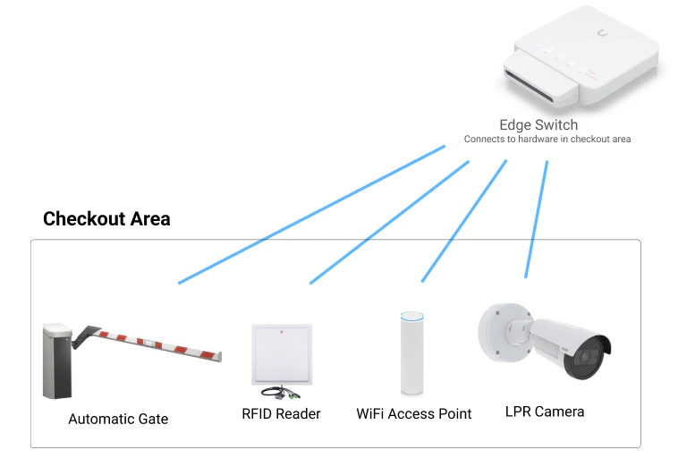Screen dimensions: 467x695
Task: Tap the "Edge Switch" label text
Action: click(x=538, y=125)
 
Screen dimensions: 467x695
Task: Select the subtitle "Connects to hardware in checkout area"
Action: click(x=547, y=140)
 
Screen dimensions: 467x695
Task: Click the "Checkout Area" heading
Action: click(x=106, y=218)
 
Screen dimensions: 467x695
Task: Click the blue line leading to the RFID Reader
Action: click(x=389, y=223)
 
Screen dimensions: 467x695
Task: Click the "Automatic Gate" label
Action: click(x=118, y=419)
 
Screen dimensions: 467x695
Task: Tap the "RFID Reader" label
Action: click(x=281, y=413)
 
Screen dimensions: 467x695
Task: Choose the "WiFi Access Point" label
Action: click(x=414, y=414)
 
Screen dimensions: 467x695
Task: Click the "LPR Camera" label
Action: click(x=545, y=412)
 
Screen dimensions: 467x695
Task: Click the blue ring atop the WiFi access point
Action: click(x=411, y=316)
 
